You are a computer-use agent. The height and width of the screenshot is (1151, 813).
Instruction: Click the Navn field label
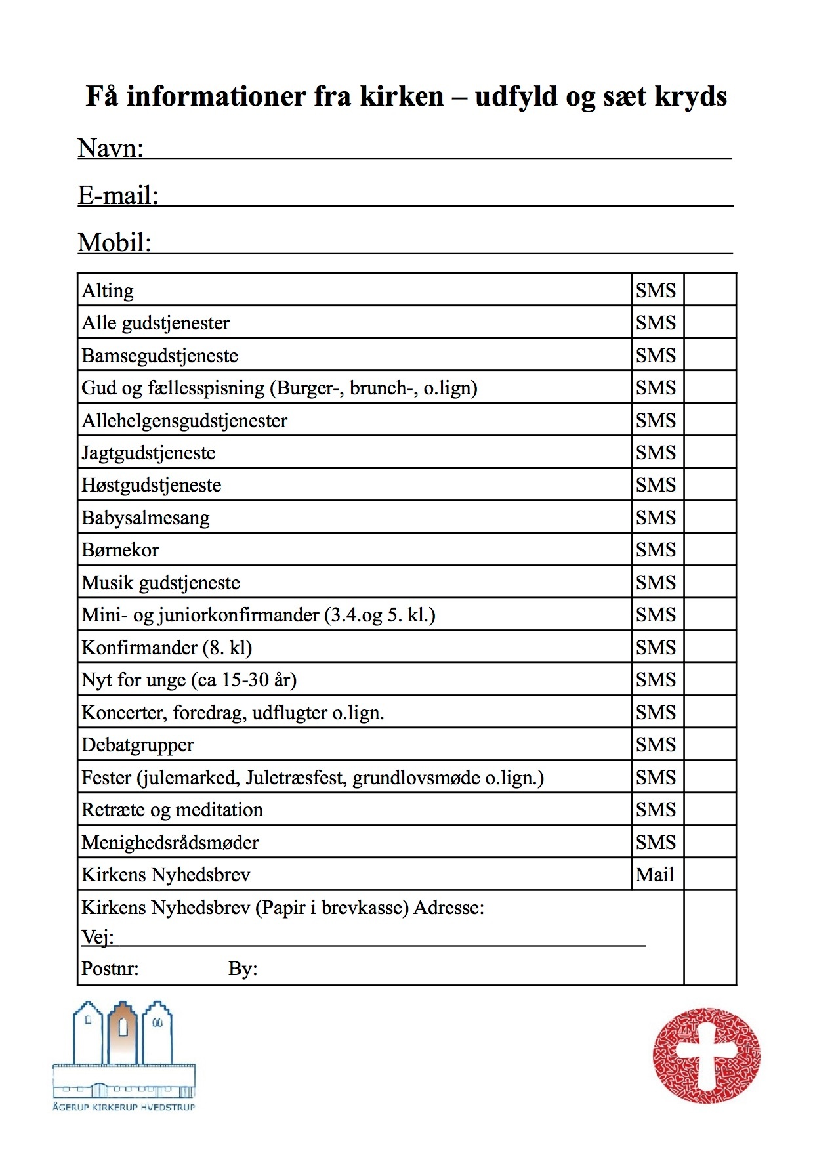(110, 148)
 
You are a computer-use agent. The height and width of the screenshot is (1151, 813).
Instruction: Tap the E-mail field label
(118, 196)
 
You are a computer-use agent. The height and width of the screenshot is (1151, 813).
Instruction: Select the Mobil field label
(114, 243)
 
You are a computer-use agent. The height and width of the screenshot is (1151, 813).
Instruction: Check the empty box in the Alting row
(709, 290)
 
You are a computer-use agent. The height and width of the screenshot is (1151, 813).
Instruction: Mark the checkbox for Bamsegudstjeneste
(709, 355)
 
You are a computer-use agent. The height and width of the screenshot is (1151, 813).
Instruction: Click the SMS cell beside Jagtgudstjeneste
(656, 453)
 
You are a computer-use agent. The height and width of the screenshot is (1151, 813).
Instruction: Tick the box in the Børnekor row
(709, 550)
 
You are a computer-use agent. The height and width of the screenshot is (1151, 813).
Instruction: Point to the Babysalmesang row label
(146, 518)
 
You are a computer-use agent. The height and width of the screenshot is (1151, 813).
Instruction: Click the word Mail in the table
(655, 875)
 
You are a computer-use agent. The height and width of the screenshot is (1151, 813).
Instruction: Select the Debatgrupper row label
(138, 745)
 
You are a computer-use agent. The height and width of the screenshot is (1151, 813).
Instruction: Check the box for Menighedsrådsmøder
(709, 842)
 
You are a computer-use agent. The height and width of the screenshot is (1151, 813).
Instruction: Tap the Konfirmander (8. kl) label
(167, 648)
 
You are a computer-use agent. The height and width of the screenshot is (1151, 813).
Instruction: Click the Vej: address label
(97, 936)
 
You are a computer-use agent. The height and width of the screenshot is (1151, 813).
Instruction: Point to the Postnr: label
(110, 969)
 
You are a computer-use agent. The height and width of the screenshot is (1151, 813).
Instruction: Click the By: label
(243, 969)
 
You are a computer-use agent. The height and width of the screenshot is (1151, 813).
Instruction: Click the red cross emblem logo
(706, 1055)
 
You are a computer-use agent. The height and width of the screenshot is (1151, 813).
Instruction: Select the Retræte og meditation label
(172, 810)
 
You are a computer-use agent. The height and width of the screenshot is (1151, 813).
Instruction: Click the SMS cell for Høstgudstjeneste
(656, 485)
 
